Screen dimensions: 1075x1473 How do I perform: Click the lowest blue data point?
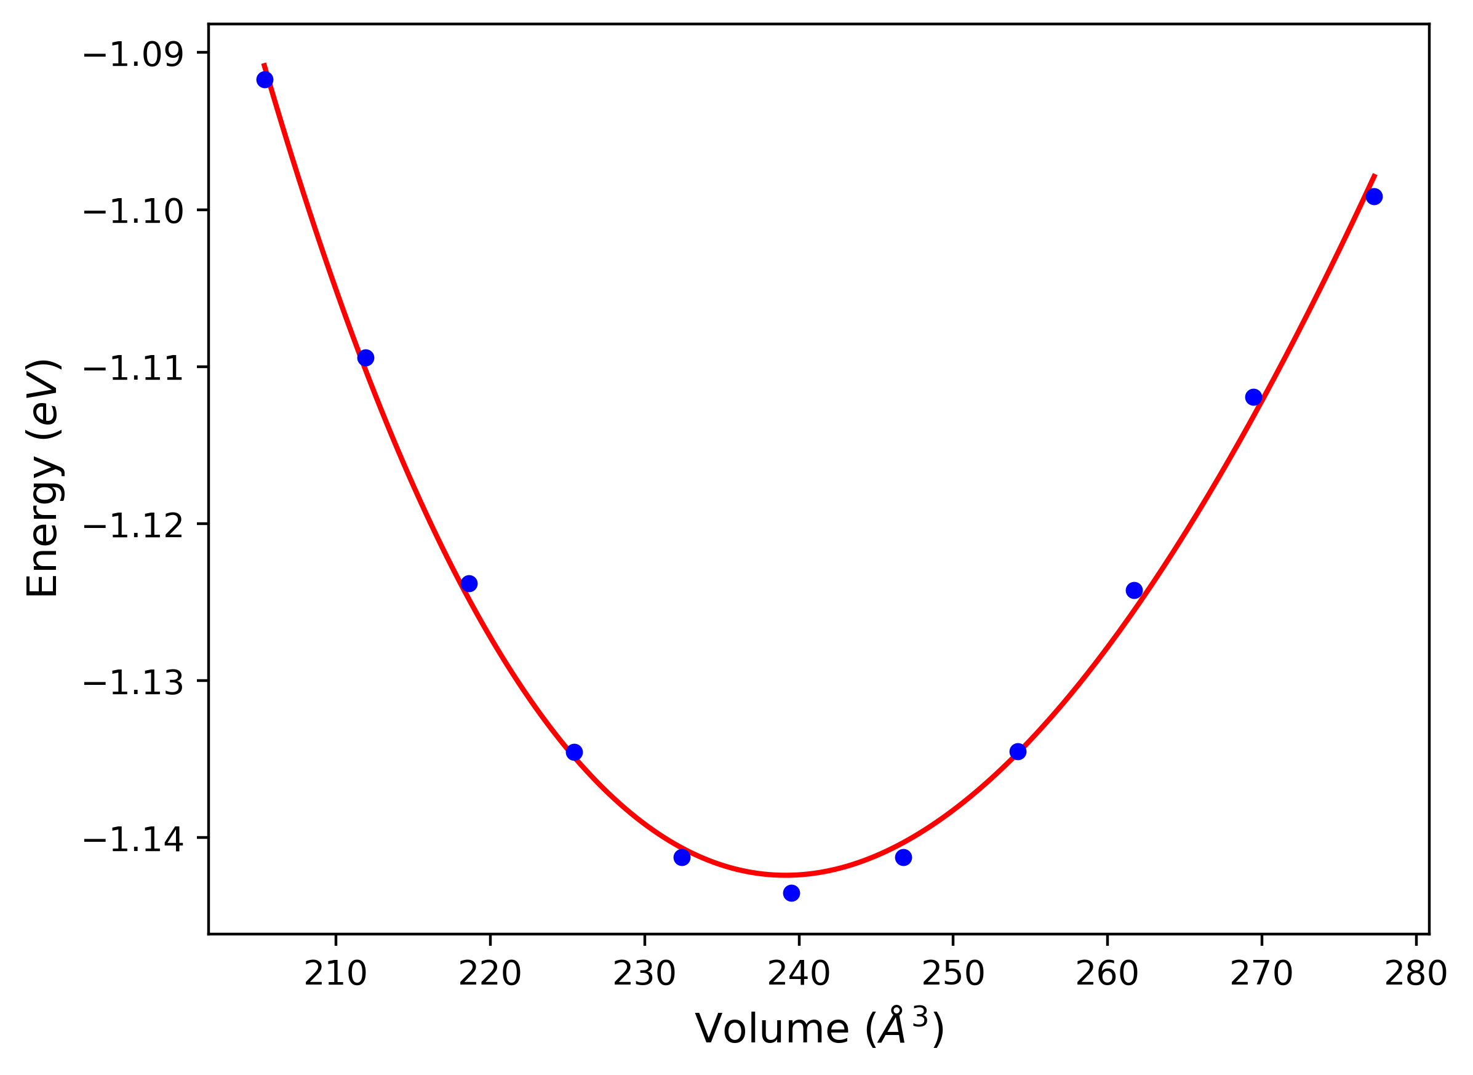pos(791,893)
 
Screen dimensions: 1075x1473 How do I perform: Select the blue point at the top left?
pos(265,80)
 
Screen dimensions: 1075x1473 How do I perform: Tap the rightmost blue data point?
pos(1373,196)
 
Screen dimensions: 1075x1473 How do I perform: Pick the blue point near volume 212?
pos(365,358)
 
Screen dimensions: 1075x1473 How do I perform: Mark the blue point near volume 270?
pos(1254,397)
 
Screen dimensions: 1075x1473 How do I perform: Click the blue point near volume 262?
pos(1134,590)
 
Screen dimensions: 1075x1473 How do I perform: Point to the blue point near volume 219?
pos(468,583)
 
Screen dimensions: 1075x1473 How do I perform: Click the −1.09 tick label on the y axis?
pos(134,54)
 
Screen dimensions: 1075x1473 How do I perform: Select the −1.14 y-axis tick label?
pos(134,839)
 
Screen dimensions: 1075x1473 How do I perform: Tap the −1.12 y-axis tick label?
pos(134,525)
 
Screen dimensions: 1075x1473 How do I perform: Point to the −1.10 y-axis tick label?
pos(134,212)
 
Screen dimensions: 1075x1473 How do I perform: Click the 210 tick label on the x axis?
pos(336,974)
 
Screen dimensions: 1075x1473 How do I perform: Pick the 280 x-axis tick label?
pos(1416,974)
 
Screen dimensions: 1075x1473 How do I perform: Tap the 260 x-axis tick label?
pos(1108,974)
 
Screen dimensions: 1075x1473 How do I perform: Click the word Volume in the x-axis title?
pos(772,1029)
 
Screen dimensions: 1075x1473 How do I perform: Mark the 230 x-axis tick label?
pos(645,974)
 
